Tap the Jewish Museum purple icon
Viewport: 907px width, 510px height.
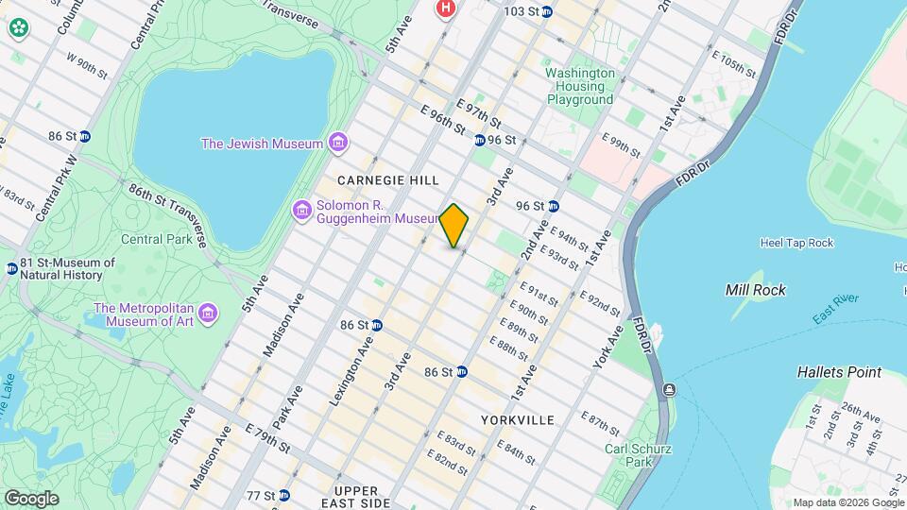pos(337,144)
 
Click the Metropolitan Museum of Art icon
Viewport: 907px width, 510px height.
pos(208,312)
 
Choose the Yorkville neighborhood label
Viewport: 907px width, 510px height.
pos(517,419)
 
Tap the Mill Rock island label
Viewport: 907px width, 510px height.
pos(755,290)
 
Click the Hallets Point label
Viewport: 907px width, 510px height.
pos(839,372)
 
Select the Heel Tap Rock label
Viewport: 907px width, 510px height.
pos(796,243)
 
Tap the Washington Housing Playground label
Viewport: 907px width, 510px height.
pos(579,86)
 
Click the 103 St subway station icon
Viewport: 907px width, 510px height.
pos(552,11)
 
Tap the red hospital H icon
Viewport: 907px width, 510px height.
pos(445,8)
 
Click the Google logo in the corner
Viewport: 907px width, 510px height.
pos(31,498)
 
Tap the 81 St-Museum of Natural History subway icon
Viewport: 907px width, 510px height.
pos(11,268)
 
